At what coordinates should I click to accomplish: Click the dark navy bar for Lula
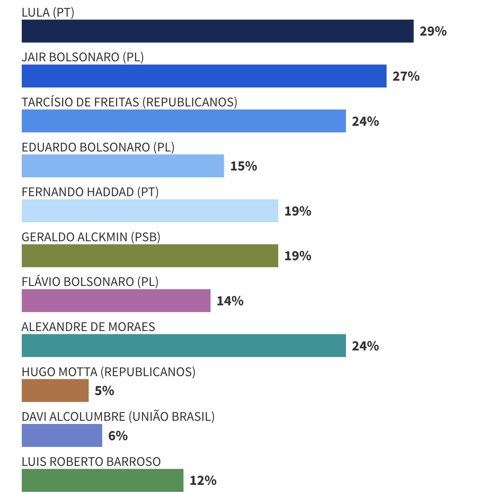(x=217, y=31)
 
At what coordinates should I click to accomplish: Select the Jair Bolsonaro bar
(x=204, y=76)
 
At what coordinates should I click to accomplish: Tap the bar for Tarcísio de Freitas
(x=184, y=121)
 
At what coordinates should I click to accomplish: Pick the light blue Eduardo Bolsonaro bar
(x=123, y=166)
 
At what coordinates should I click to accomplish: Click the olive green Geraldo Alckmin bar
(x=150, y=256)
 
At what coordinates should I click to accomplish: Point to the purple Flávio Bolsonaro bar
(x=116, y=301)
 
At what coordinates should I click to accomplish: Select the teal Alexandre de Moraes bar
(x=184, y=346)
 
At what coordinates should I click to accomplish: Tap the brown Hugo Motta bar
(x=55, y=390)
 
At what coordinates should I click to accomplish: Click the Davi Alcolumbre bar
(x=62, y=435)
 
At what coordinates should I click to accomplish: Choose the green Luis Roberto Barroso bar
(x=102, y=480)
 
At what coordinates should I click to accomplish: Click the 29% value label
(x=433, y=31)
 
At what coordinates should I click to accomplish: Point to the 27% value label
(x=406, y=76)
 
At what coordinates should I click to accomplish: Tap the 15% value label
(x=243, y=166)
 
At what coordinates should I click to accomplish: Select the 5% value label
(x=104, y=391)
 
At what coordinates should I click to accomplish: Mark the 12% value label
(x=203, y=481)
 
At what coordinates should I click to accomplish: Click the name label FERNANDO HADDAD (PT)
(x=90, y=192)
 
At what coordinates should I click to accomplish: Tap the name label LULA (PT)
(x=48, y=13)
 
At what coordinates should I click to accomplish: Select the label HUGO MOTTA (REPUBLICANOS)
(x=108, y=372)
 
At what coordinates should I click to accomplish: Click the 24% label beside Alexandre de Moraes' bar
(x=365, y=346)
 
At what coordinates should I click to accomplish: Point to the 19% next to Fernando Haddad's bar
(x=298, y=211)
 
